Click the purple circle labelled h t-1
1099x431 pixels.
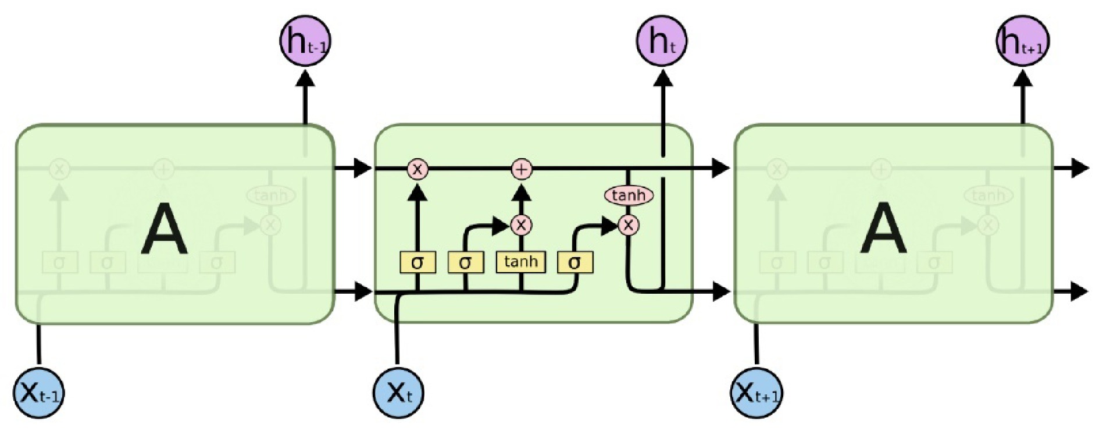[x=305, y=42]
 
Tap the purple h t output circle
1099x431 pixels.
[x=662, y=42]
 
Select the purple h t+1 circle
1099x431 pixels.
[x=1023, y=42]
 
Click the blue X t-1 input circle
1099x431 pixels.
[x=39, y=393]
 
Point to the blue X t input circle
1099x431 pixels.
[x=398, y=393]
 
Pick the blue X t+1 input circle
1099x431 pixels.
[x=756, y=393]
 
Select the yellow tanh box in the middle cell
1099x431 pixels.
[x=520, y=262]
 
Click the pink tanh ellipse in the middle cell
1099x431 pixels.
[x=629, y=195]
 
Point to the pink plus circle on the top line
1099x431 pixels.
[x=522, y=169]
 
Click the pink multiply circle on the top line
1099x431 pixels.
[x=417, y=169]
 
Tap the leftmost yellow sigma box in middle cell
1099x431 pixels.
[x=417, y=263]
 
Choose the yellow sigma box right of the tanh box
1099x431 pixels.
[x=575, y=263]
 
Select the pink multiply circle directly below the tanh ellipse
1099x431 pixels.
[x=628, y=225]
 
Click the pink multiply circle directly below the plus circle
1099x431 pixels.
[x=521, y=225]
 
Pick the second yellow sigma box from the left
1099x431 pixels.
[x=465, y=263]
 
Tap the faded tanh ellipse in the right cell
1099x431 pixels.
[x=989, y=195]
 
